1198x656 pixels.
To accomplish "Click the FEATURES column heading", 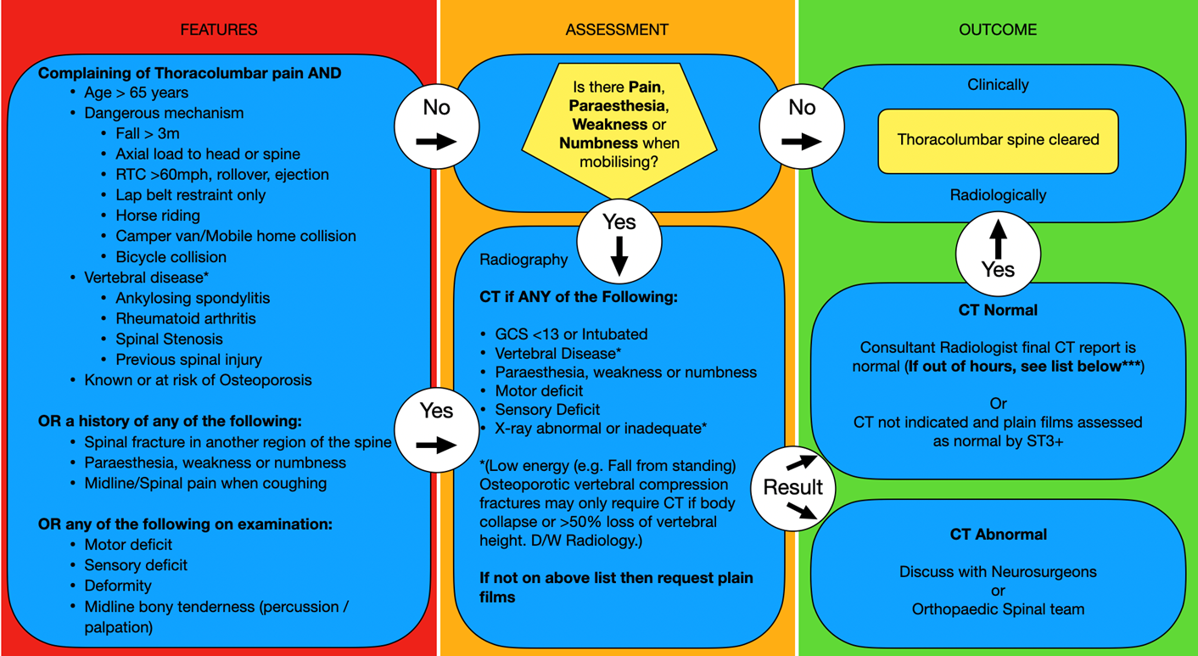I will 218,30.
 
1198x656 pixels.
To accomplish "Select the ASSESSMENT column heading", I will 617,30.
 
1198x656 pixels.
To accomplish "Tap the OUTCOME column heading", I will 997,30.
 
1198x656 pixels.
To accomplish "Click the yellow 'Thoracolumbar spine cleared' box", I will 998,140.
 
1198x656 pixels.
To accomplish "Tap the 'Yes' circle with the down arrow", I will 619,243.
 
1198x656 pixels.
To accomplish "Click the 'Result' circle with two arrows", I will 792,487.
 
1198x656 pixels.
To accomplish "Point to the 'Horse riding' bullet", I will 158,216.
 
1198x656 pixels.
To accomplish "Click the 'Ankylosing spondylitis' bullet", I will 193,298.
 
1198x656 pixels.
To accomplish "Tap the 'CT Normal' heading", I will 998,310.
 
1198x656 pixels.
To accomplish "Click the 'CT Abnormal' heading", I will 998,535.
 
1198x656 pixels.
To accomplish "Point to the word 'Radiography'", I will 523,260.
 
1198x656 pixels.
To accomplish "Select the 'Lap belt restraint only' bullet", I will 190,195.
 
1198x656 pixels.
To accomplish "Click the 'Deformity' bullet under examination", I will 118,586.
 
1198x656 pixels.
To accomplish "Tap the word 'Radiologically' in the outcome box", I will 998,195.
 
